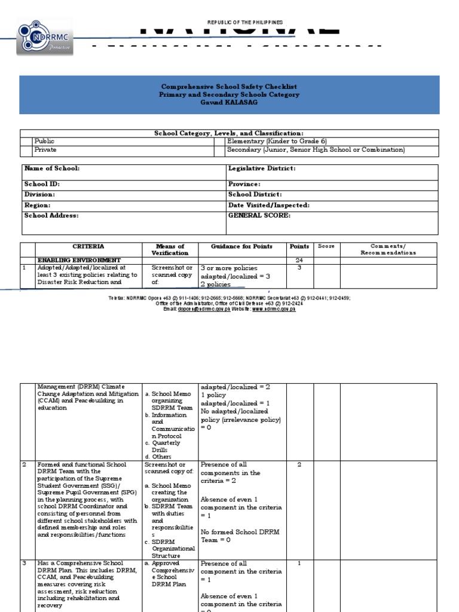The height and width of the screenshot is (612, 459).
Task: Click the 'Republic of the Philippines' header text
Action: coord(244,22)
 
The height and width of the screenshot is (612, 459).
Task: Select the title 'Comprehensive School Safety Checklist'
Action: coord(229,87)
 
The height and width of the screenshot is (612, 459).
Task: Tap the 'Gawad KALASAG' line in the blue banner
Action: coord(229,103)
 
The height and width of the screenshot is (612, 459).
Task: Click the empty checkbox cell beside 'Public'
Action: coord(26,142)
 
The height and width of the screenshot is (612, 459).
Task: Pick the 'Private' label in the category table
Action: coord(46,150)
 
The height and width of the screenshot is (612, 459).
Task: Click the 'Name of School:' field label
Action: coord(51,169)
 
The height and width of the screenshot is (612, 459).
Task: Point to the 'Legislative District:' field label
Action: coord(262,169)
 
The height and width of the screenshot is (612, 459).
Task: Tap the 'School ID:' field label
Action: coord(42,185)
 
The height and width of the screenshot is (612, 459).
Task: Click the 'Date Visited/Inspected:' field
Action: coord(268,205)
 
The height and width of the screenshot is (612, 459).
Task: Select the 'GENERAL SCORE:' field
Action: coord(259,215)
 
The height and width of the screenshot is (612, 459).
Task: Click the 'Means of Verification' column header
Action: coord(170,249)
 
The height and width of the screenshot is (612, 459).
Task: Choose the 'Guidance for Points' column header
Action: coord(241,246)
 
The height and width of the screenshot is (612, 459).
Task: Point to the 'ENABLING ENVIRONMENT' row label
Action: coord(79,261)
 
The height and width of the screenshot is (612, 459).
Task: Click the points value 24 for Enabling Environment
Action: coord(299,261)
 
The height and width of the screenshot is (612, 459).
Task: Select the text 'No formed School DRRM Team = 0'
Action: coord(232,535)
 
